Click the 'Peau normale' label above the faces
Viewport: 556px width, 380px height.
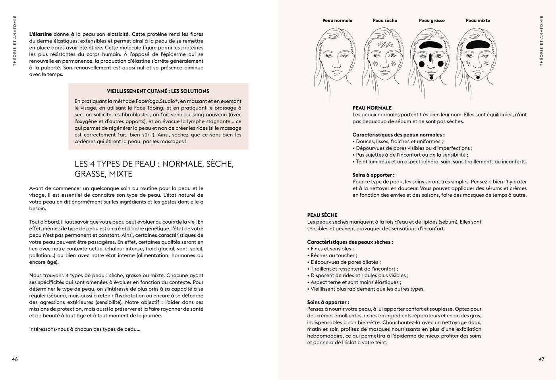337,21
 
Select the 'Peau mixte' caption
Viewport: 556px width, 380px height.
478,21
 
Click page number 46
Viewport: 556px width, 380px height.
15,359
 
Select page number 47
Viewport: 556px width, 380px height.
541,359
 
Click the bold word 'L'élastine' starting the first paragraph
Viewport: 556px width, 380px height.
41,34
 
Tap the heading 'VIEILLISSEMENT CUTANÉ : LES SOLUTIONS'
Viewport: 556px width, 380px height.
158,91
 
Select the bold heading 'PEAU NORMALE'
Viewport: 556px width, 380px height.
372,108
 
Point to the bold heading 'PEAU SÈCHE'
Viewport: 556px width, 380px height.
322,215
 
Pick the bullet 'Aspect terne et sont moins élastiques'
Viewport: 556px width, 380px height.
355,282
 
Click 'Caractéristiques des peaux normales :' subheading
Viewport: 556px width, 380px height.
398,135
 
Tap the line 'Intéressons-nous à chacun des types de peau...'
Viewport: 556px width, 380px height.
85,329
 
